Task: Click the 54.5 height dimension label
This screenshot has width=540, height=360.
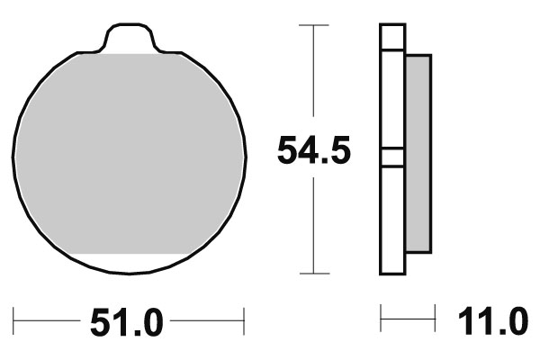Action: pyautogui.click(x=312, y=151)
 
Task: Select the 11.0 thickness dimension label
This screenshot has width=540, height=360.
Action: pyautogui.click(x=492, y=321)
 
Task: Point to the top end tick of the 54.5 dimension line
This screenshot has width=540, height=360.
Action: pyautogui.click(x=312, y=25)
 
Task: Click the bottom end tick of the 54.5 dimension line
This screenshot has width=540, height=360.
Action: pyautogui.click(x=312, y=273)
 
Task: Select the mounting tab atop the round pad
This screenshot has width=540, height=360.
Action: pyautogui.click(x=131, y=40)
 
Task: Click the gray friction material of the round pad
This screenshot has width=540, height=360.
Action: pyautogui.click(x=130, y=153)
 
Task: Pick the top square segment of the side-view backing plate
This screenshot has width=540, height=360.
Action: pyautogui.click(x=392, y=37)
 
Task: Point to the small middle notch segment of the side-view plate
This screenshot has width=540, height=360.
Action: pyautogui.click(x=392, y=157)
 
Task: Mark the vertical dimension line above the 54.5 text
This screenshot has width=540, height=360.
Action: pyautogui.click(x=312, y=76)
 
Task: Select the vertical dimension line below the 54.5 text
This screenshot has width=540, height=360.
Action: pyautogui.click(x=312, y=225)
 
